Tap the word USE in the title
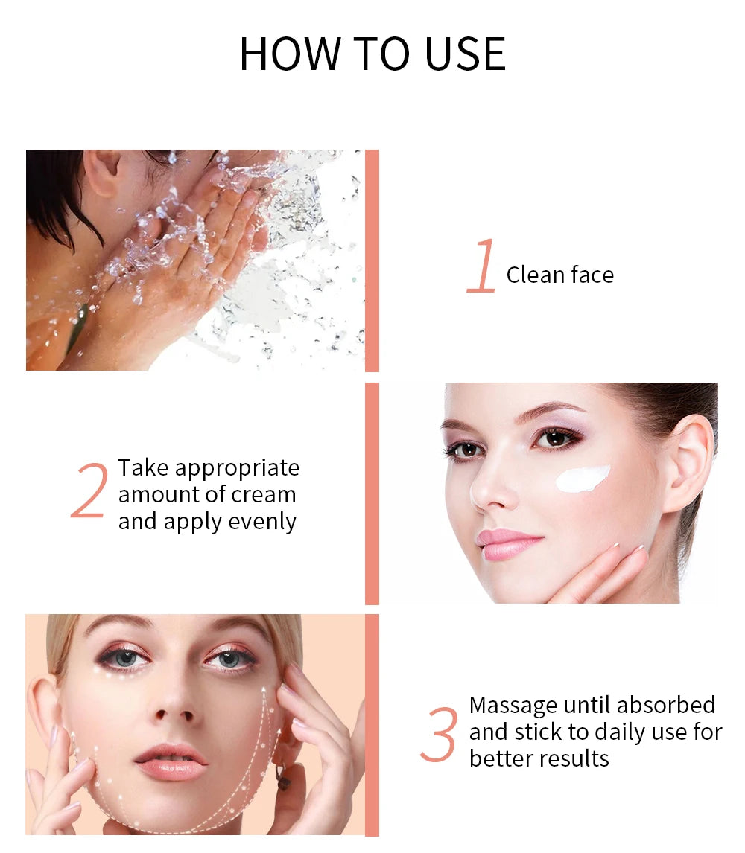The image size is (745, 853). [x=465, y=54]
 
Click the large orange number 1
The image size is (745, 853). [x=482, y=266]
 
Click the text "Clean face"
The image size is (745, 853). [x=559, y=275]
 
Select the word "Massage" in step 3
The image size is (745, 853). [x=513, y=705]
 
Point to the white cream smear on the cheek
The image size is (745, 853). [x=582, y=478]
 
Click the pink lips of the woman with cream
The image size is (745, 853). [x=509, y=544]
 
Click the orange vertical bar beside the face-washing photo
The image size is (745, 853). [x=372, y=261]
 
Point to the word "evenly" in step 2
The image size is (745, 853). [x=262, y=521]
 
